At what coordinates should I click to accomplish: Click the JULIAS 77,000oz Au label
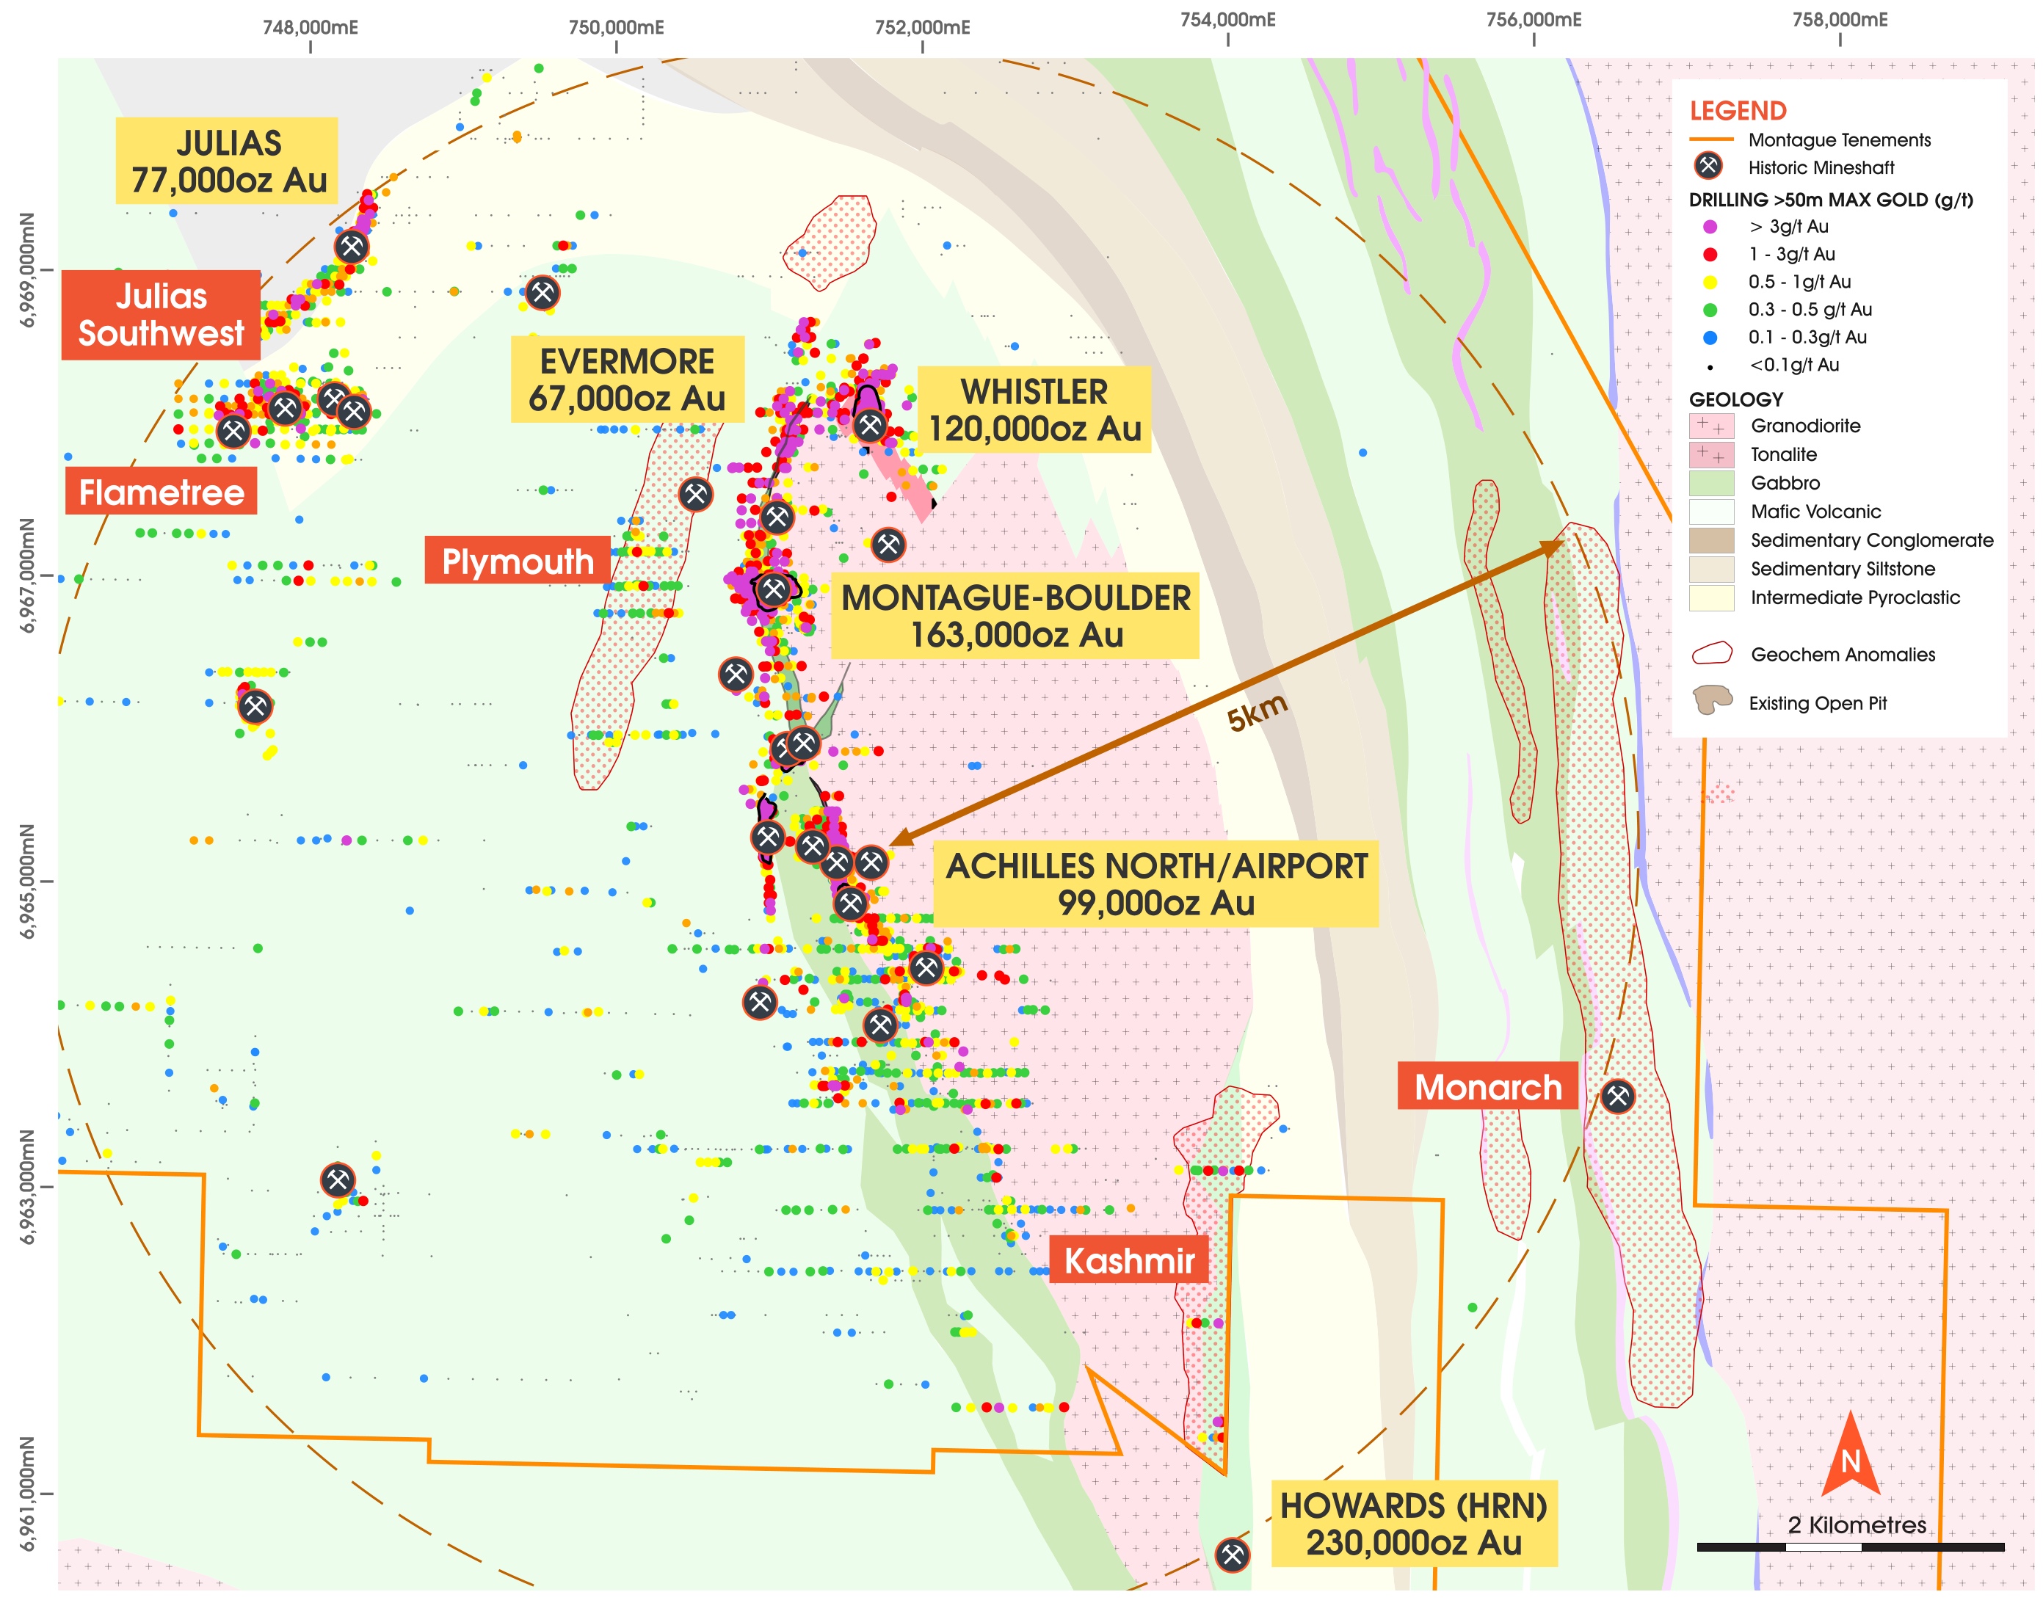(x=226, y=161)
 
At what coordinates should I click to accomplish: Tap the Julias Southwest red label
(x=161, y=314)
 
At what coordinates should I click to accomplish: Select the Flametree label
(x=161, y=492)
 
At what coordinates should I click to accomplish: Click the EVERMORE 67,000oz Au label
(x=627, y=379)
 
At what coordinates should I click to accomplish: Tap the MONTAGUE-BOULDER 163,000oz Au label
(x=1015, y=616)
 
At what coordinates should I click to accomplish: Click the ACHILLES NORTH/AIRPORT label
(x=1155, y=883)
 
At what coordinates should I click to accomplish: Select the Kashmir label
(x=1128, y=1260)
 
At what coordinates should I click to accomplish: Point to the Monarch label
(x=1487, y=1086)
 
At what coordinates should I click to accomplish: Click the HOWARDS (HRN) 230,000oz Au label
(x=1413, y=1523)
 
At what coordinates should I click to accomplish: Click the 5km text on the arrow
(x=1257, y=713)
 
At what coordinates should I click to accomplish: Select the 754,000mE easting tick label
(x=1227, y=20)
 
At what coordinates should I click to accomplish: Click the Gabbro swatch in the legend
(x=1710, y=482)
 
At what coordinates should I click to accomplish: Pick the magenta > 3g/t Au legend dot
(x=1710, y=226)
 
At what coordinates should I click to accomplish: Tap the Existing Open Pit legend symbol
(x=1712, y=700)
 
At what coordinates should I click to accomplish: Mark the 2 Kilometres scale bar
(x=1850, y=1546)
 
